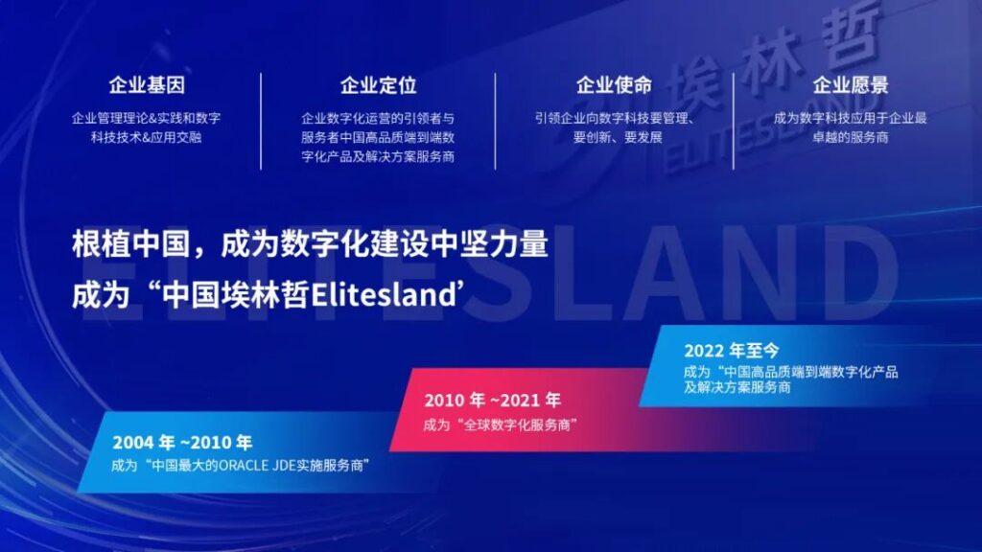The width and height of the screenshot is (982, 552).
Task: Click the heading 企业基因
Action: point(147,84)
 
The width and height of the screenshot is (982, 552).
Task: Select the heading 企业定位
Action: point(378,84)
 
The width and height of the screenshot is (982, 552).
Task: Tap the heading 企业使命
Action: point(614,84)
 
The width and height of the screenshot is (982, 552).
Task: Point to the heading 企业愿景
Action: point(851,84)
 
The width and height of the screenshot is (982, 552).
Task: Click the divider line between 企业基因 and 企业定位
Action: point(261,121)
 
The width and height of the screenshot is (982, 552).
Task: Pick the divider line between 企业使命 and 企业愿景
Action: point(733,121)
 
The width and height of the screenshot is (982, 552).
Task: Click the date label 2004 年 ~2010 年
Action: point(182,443)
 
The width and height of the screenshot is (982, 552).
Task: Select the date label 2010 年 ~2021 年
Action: point(492,400)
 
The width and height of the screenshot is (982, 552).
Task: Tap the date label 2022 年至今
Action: point(732,351)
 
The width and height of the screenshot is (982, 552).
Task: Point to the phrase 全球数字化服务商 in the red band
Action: point(517,425)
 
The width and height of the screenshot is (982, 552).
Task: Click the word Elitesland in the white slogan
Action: point(383,295)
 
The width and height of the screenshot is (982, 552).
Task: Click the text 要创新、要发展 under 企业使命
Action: point(618,137)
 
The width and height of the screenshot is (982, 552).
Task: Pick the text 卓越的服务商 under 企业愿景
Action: point(851,137)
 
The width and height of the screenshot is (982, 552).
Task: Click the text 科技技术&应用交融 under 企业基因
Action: point(147,137)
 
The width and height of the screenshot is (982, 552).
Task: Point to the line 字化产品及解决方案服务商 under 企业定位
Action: point(378,156)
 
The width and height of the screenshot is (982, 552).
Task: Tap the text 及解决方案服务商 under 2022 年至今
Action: point(736,387)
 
